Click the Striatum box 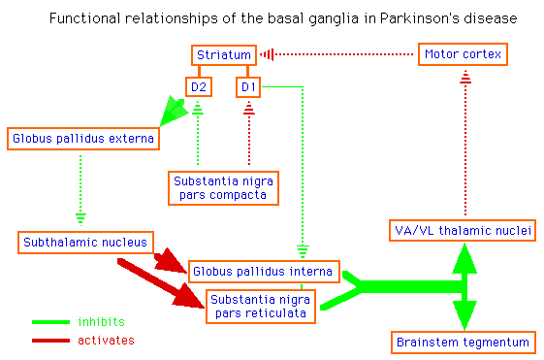coord(224,55)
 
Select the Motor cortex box coord(464,55)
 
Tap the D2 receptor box coord(199,88)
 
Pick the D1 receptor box coord(249,88)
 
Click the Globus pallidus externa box coord(82,139)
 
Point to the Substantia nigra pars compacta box coord(223,187)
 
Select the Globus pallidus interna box coord(263,271)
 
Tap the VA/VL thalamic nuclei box coord(464,229)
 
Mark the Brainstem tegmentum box coord(464,343)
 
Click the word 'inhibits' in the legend coord(101,321)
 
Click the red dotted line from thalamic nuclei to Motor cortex coord(464,146)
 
